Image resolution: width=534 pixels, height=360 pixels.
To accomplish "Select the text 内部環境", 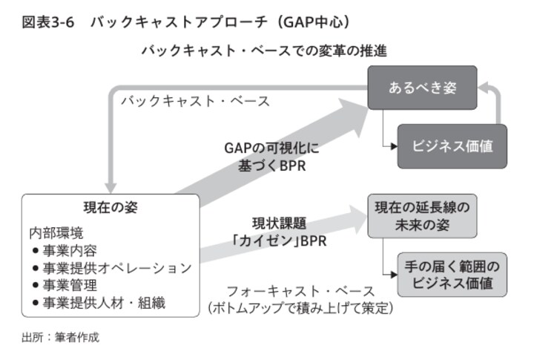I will [53, 233].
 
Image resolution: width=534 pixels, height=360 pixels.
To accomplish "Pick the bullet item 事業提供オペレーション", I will [112, 267].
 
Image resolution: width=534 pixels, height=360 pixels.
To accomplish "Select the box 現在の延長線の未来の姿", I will [422, 215].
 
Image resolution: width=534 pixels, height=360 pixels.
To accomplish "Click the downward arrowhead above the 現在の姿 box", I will [111, 185].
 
